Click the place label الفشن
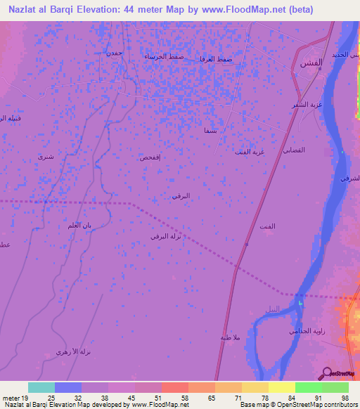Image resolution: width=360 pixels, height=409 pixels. (x=311, y=63)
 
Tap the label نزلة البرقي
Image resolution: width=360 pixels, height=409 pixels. (x=166, y=237)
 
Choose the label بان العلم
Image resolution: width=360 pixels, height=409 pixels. (x=97, y=226)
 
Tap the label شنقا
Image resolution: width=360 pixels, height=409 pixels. (x=210, y=131)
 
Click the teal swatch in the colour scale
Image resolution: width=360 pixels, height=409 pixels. (x=41, y=387)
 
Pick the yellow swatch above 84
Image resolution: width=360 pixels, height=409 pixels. (x=281, y=387)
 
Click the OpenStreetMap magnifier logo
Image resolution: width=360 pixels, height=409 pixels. (x=326, y=373)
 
